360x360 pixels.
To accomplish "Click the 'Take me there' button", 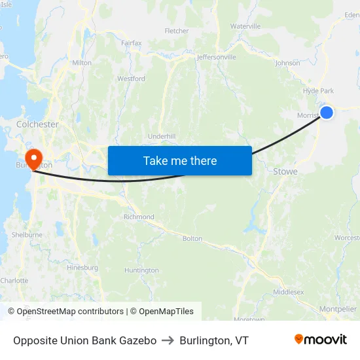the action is (x=180, y=160).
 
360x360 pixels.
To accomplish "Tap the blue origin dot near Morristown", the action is (x=327, y=113).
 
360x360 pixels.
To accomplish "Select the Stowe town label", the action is (x=285, y=171).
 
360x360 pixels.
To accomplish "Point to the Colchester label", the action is (x=37, y=124).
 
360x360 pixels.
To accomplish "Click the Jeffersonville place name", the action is (x=217, y=57).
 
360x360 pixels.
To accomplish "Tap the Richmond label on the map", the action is (x=139, y=217).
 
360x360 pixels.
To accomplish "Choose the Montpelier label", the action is (x=338, y=309).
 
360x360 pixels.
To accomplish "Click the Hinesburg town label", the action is (x=82, y=267).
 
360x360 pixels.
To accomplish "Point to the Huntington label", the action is (x=141, y=270).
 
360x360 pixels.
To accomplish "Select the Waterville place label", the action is (x=245, y=26).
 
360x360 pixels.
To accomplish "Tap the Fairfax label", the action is (x=132, y=43).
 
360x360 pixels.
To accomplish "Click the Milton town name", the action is (x=82, y=63).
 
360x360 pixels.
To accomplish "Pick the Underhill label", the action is (x=162, y=135).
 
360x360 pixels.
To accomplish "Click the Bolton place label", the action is (x=192, y=238).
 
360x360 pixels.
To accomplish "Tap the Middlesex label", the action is (x=288, y=291).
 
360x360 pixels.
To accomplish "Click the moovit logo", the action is (x=320, y=340).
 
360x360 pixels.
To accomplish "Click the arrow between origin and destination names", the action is (x=168, y=340).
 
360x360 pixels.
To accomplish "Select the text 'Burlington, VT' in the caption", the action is (x=214, y=340).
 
